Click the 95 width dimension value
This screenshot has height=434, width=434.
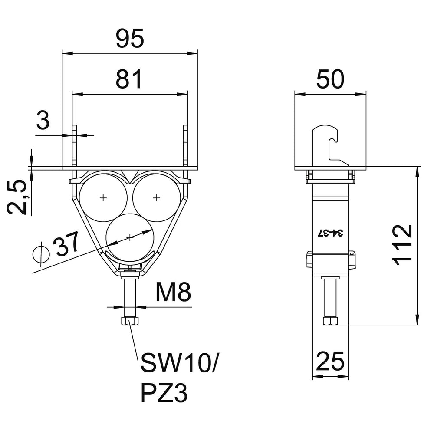click(x=130, y=38)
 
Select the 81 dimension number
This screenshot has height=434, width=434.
click(x=129, y=79)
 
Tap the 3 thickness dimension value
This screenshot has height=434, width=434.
click(x=43, y=120)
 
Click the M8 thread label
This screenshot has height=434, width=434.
click(x=173, y=292)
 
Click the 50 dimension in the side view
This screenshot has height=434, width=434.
click(x=330, y=79)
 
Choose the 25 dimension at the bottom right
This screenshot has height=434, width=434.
click(x=330, y=361)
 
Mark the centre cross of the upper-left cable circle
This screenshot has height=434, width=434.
click(x=103, y=197)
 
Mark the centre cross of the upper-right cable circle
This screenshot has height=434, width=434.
click(x=157, y=197)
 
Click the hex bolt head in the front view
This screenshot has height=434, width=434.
click(x=130, y=321)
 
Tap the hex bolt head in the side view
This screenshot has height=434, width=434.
click(x=330, y=321)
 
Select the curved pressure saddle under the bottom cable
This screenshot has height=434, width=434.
click(x=130, y=259)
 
